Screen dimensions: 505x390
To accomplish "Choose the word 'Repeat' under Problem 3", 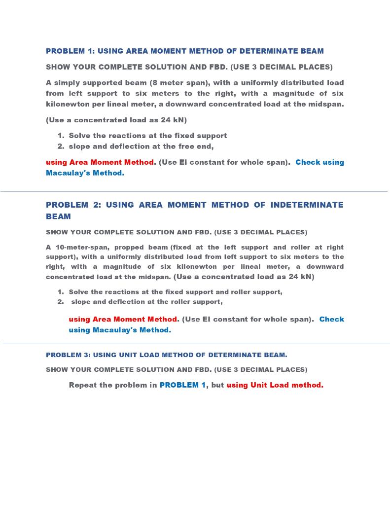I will (85, 385).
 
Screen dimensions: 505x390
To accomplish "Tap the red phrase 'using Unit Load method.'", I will (275, 385).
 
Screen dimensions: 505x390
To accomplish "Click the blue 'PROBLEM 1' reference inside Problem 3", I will (182, 385).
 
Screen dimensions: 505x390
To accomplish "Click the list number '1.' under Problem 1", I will (61, 136).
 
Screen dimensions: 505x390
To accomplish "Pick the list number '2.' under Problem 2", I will (61, 302).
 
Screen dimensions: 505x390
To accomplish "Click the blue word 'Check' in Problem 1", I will (308, 162).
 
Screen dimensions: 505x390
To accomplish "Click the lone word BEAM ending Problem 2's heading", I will (58, 216).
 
